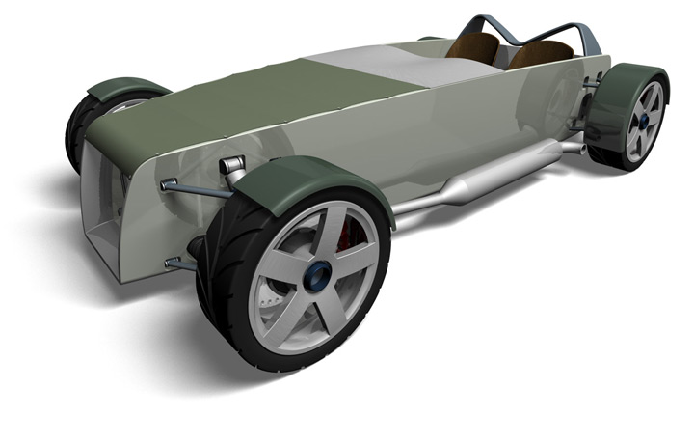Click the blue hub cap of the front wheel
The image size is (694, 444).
pyautogui.click(x=315, y=277)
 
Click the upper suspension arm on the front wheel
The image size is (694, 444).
pyautogui.click(x=198, y=189)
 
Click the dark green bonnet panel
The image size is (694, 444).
pyautogui.click(x=241, y=97)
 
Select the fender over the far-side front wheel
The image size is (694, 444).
pyautogui.click(x=125, y=87)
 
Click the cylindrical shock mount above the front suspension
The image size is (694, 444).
pyautogui.click(x=231, y=165)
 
